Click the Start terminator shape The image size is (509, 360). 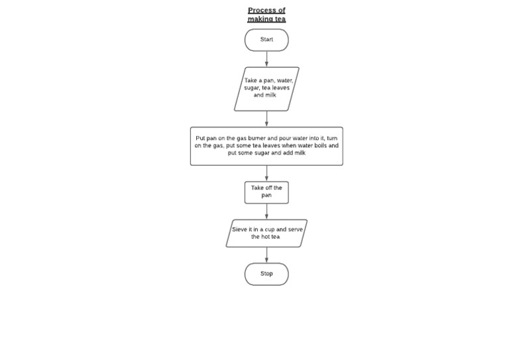pos(266,40)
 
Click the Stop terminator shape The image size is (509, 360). pos(266,274)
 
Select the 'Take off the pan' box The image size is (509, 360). pos(266,192)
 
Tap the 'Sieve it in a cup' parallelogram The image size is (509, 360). pos(266,233)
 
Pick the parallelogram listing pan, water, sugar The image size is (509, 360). pos(266,88)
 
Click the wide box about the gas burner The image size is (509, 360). pos(266,146)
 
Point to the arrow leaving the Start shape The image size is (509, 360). pos(267,59)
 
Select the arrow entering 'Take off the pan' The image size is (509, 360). pos(267,174)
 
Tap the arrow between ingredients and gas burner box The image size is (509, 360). pos(267,119)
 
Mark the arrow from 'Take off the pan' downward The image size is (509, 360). pos(267,211)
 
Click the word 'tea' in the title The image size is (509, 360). pos(280,19)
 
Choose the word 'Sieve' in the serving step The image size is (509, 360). pos(239,229)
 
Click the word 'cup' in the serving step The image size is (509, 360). pos(270,229)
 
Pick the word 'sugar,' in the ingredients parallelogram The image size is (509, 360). pos(252,88)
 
